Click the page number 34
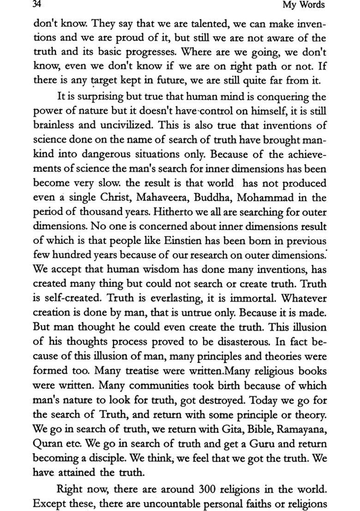point(37,5)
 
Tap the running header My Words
point(304,5)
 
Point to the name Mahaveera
point(174,198)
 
